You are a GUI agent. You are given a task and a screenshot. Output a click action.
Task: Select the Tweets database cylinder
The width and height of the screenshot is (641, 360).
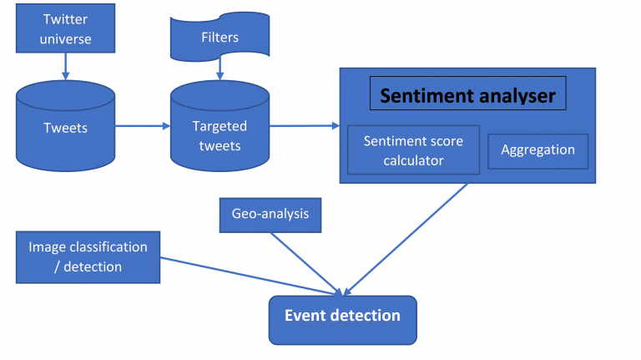pos(65,127)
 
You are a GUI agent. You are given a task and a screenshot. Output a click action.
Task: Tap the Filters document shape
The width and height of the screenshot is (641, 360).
pos(220,38)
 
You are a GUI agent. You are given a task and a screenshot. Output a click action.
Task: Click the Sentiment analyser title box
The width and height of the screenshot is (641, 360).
pos(467,95)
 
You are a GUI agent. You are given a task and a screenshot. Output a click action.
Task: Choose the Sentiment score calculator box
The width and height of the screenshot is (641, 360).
pos(412,150)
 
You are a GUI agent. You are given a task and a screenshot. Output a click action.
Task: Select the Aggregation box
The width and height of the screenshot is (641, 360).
pos(538,150)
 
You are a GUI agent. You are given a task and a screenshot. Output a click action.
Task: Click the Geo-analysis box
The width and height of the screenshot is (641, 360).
pos(270,215)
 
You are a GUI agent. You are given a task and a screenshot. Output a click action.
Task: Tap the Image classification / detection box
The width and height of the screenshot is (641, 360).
pos(88,256)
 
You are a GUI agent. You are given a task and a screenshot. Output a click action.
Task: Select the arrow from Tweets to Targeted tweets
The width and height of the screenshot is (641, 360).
pos(142,127)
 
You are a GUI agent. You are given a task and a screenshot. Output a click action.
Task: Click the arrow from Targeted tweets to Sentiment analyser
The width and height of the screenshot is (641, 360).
pos(304,126)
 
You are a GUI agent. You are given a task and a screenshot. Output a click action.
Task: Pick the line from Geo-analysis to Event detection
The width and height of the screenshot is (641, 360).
pos(305,262)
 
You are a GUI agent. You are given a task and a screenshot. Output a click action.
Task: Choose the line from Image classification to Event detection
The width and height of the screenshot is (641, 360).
pos(250,275)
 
